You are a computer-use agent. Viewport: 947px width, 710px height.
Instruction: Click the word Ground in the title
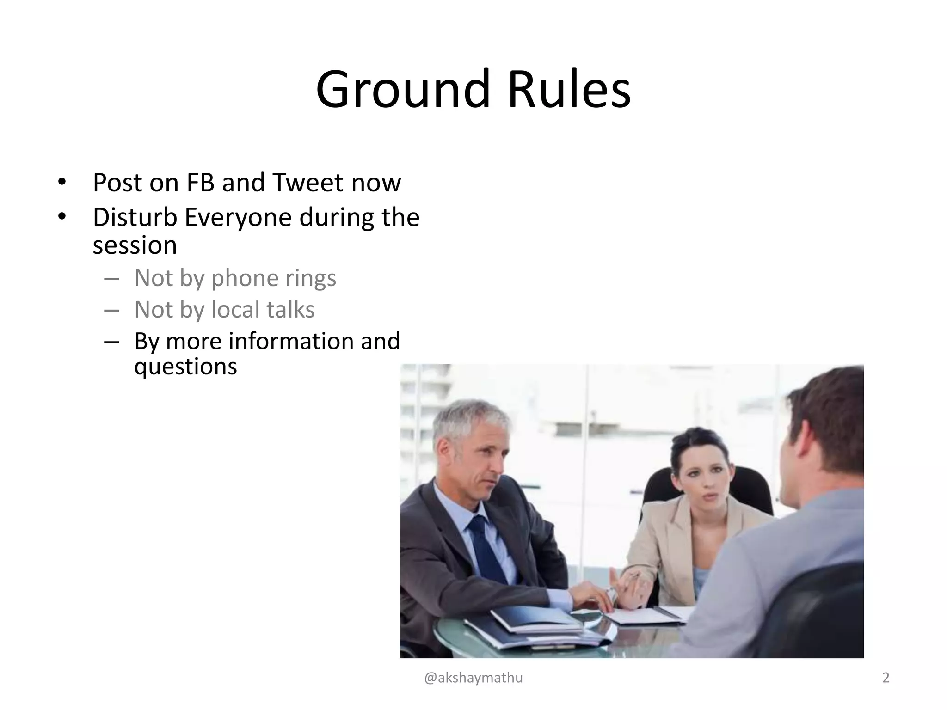pos(402,89)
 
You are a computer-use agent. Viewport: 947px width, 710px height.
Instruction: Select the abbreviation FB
pos(200,183)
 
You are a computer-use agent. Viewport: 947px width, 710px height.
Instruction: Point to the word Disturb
pos(135,217)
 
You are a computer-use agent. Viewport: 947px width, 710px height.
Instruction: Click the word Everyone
pos(238,217)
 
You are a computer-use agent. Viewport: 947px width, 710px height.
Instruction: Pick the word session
pos(135,245)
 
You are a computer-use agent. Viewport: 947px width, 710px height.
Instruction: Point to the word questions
pos(185,367)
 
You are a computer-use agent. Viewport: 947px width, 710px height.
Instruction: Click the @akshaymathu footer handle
pos(473,678)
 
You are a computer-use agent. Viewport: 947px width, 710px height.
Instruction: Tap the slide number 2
pos(886,678)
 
